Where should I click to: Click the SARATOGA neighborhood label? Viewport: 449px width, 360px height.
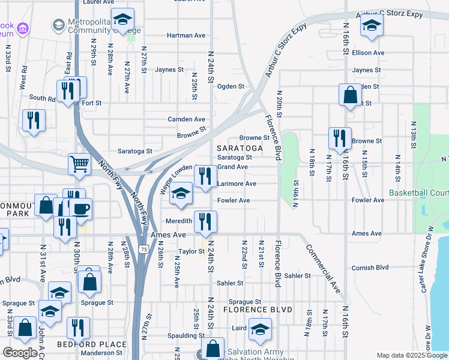pos(240,148)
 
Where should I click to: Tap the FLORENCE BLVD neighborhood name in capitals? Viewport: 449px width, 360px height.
pos(258,310)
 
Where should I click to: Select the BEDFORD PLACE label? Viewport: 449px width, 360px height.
pos(92,344)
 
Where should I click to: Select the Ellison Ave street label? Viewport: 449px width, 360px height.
pos(369,53)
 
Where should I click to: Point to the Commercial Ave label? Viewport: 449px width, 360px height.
pos(323,266)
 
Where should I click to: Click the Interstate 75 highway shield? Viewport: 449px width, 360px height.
pos(143,249)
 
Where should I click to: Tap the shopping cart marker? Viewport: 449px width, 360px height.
pos(79,164)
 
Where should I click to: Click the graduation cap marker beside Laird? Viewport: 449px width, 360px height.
pos(260,329)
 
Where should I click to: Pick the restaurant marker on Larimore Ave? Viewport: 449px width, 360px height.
pos(205,176)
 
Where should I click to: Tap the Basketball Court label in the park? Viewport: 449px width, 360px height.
pos(418,193)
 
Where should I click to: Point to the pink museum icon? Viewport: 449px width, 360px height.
pos(23,28)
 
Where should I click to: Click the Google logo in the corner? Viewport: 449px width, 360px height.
pos(20,353)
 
